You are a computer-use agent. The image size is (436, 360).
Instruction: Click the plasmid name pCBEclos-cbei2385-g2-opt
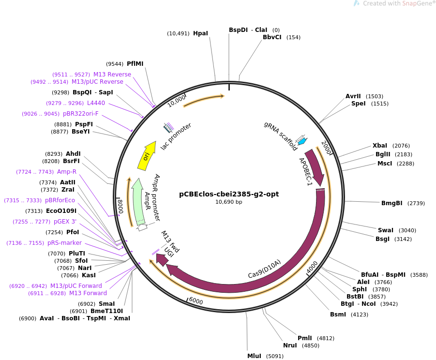pos(228,195)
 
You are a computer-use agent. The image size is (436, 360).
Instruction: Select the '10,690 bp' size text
pos(228,202)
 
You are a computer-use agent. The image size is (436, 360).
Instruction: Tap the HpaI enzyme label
pos(200,33)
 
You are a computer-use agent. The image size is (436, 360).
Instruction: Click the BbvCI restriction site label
pos(272,37)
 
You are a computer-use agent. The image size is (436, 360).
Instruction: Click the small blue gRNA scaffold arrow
pos(302,141)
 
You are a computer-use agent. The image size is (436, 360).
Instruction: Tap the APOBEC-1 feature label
pos(305,171)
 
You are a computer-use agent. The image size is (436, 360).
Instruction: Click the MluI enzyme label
pos(254,356)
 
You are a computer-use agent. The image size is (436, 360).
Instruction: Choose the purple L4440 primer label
pos(96,103)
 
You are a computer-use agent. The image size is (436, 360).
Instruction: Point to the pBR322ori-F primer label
pos(81,114)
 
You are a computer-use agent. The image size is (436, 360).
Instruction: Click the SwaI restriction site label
pos(385,230)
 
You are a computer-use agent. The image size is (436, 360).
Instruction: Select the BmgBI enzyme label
pos(392,203)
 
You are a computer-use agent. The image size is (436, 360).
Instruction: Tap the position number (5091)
pos(274,356)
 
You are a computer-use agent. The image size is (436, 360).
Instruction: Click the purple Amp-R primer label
pos(67,172)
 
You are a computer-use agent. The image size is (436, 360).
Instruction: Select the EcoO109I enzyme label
pos(61,211)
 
